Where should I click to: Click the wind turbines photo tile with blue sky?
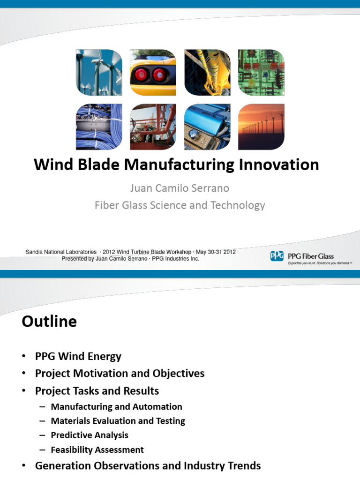(x=99, y=73)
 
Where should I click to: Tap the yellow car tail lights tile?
(x=153, y=73)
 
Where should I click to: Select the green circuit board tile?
(x=261, y=73)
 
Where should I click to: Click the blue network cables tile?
(x=99, y=127)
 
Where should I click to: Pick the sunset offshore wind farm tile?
(x=261, y=127)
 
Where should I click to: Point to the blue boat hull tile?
(x=207, y=127)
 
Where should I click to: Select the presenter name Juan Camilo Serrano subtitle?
(x=180, y=188)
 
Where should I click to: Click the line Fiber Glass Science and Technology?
(x=180, y=205)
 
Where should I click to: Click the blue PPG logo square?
(x=277, y=256)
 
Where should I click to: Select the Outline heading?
(x=49, y=322)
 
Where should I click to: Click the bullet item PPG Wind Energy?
(x=78, y=356)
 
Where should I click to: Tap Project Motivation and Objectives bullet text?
(x=120, y=374)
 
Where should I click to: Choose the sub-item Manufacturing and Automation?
(x=116, y=407)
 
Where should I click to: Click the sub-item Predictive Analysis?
(x=89, y=435)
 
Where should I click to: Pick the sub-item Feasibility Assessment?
(x=97, y=450)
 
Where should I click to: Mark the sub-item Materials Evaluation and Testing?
(x=118, y=421)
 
